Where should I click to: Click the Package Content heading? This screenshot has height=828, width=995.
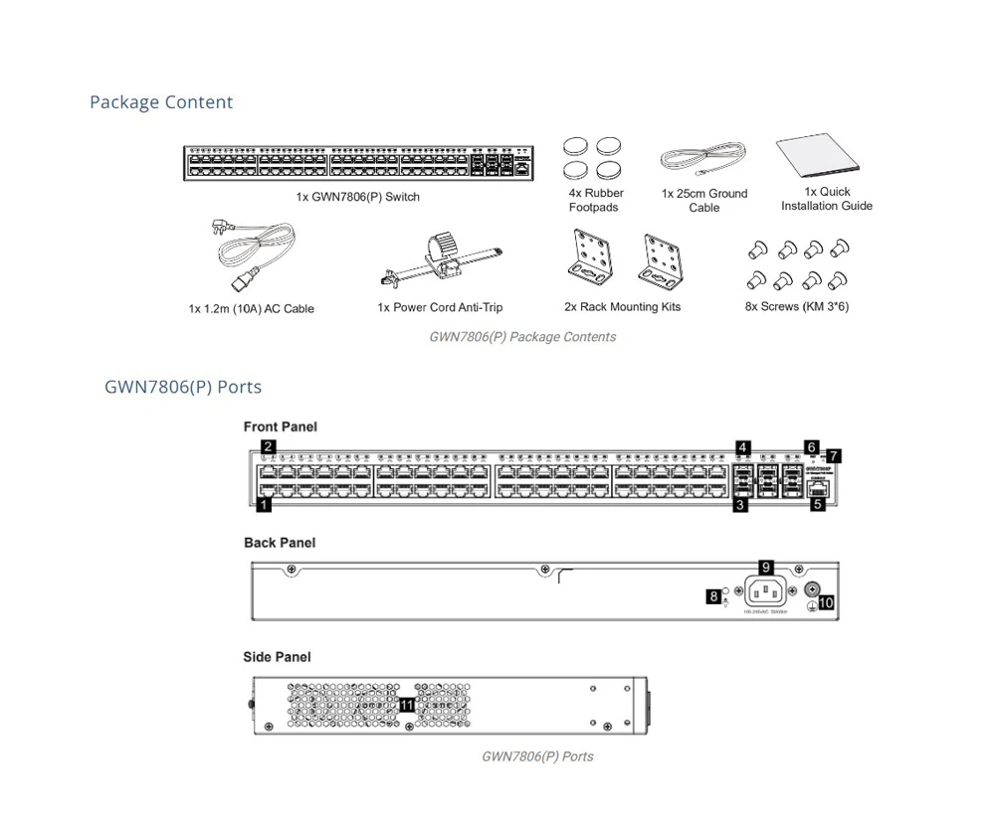tap(161, 102)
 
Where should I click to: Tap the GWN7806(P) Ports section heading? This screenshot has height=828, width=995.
tap(183, 387)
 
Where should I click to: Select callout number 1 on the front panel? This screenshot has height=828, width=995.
tap(264, 505)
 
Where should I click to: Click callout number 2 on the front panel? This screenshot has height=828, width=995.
tap(269, 447)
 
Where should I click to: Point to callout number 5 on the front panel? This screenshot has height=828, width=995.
tap(818, 505)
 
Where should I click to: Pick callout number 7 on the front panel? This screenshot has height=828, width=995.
tap(834, 456)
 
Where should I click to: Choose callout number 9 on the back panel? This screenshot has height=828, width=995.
tap(766, 568)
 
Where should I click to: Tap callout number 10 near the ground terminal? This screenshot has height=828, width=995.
tap(826, 603)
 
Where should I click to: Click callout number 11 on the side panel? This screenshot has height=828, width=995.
tap(406, 705)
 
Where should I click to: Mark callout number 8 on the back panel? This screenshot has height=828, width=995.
tap(714, 596)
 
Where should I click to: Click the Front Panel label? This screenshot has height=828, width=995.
tap(281, 427)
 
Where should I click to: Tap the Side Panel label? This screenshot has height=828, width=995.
tap(277, 657)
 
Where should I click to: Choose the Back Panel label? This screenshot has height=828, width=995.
tap(280, 543)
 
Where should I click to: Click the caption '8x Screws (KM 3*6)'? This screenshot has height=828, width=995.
tap(797, 307)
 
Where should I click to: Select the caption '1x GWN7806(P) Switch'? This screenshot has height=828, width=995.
tap(357, 197)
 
